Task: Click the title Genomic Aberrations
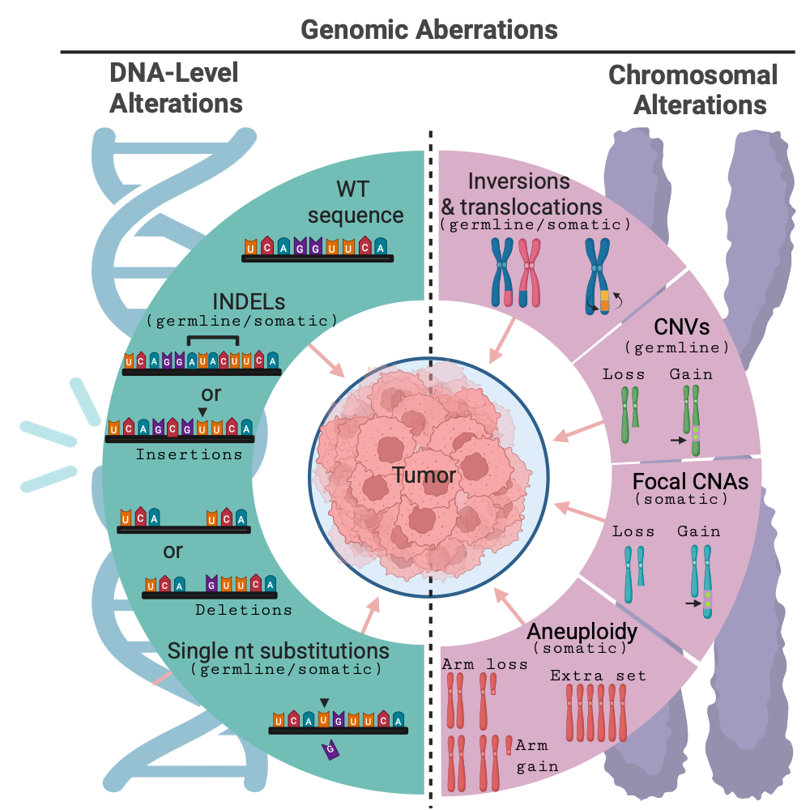429,30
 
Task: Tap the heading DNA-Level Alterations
176,89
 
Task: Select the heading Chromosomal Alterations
693,90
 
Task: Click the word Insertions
189,454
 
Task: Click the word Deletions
243,609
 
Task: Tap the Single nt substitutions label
279,651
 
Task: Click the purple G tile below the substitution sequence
330,751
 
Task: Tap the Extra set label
598,676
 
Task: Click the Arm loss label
485,664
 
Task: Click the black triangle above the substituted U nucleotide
324,702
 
